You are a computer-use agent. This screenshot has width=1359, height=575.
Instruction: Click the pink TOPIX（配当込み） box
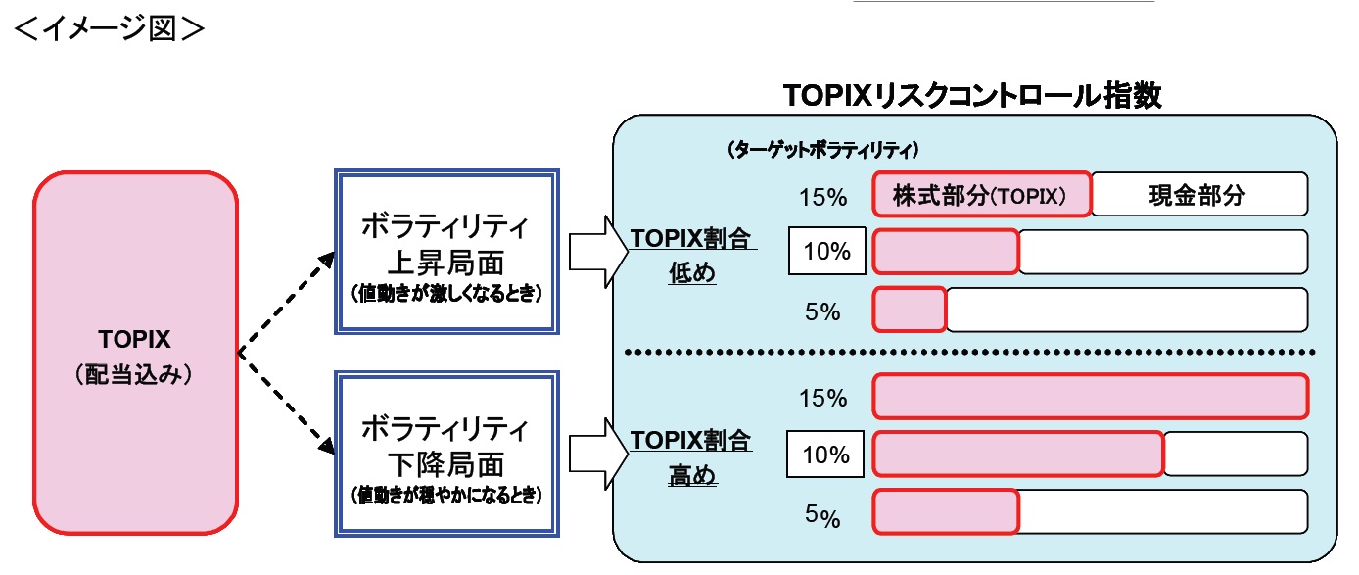coord(135,354)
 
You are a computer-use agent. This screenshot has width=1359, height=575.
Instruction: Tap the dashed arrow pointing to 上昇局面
coord(284,300)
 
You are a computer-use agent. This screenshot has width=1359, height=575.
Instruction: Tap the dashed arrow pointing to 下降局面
coord(284,404)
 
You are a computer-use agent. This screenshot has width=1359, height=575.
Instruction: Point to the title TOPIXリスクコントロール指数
coord(972,95)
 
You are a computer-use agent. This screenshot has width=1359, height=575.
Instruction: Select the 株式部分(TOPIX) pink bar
coord(981,195)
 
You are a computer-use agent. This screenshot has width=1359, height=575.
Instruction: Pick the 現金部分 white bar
coord(1199,195)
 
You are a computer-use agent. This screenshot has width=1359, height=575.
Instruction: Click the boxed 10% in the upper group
coord(826,253)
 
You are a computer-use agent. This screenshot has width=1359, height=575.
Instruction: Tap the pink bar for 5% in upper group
coord(909,310)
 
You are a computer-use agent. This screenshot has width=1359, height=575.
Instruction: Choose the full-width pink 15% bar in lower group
coord(1090,397)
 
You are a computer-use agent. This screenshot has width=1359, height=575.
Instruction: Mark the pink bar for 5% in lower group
coord(945,512)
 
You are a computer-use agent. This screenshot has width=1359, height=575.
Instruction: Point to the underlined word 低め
coord(691,274)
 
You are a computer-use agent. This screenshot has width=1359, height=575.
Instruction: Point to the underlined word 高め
coord(691,477)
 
